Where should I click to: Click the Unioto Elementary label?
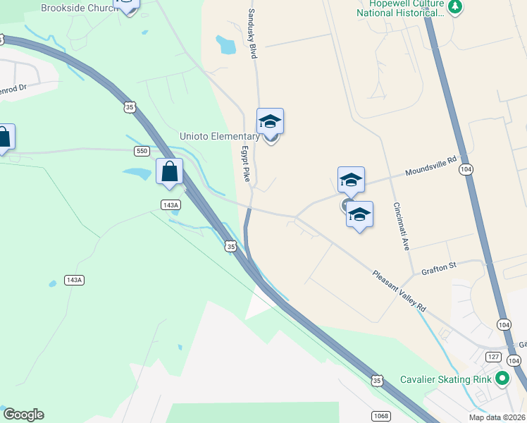(x=220, y=136)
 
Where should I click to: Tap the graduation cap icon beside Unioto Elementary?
(x=270, y=121)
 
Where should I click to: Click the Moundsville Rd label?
(x=431, y=168)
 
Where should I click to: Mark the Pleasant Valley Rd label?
(x=399, y=292)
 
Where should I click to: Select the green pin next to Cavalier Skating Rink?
(x=502, y=379)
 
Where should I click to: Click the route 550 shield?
(x=142, y=151)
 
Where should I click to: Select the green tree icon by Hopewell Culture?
(x=456, y=7)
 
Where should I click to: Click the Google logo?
(x=23, y=415)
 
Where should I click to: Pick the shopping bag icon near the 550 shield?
(x=170, y=171)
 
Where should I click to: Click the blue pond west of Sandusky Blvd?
(x=226, y=45)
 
